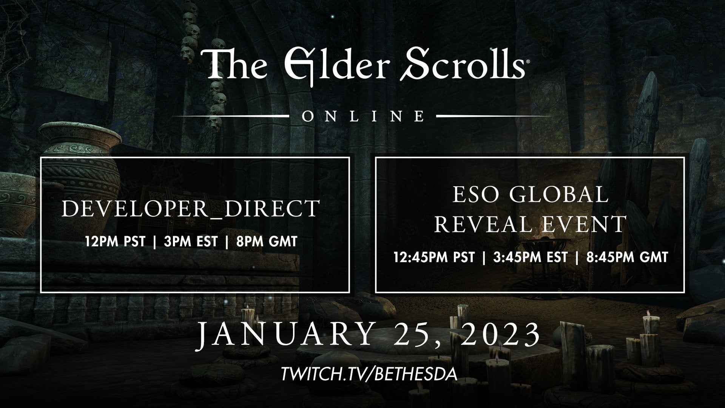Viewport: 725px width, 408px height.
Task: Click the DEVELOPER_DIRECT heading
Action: coord(191,208)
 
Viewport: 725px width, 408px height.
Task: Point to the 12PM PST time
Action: coord(115,241)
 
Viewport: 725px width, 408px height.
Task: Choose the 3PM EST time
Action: coord(191,241)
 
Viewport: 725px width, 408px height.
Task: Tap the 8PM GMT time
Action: coord(267,241)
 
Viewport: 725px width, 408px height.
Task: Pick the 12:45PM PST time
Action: coord(433,257)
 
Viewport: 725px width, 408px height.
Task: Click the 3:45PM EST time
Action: coord(530,257)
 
